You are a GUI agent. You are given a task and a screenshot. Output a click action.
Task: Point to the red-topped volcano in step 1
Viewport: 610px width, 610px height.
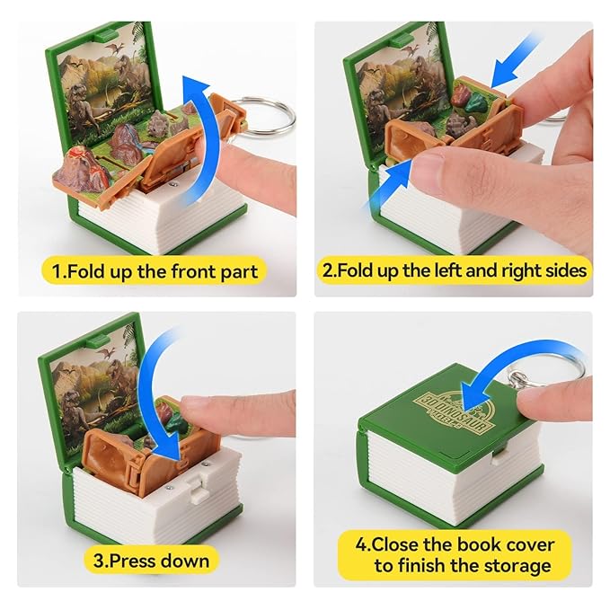pyautogui.click(x=83, y=167)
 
